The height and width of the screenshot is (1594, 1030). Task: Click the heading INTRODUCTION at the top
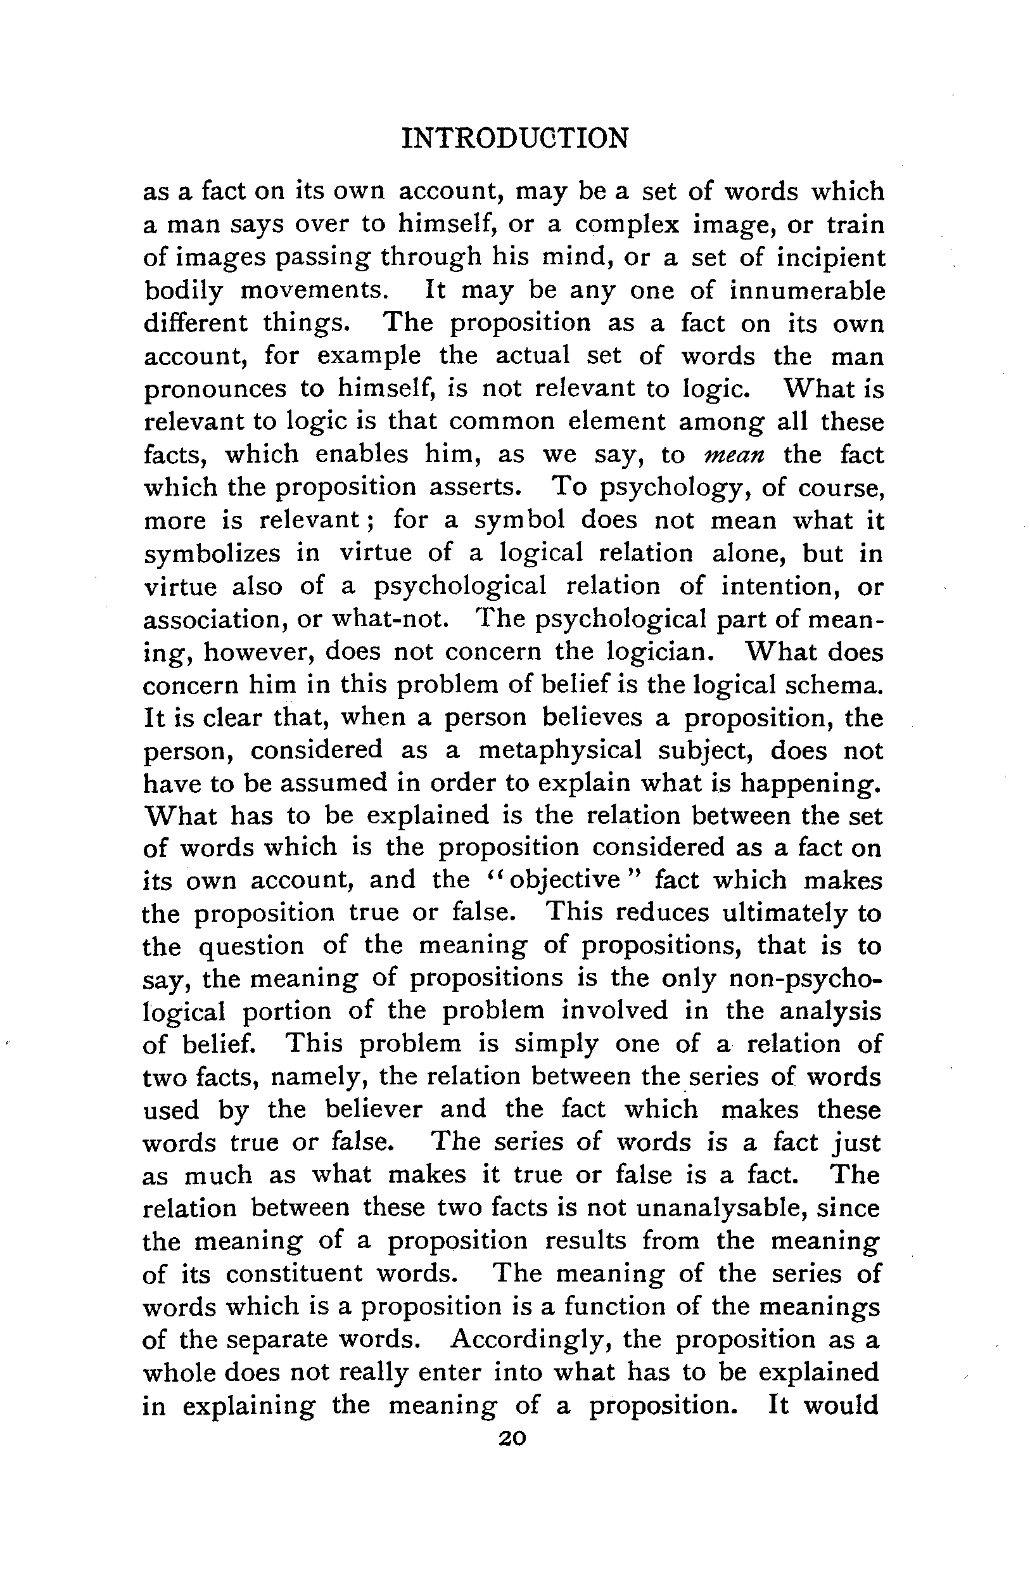click(515, 139)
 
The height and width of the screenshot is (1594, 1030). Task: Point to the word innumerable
click(807, 290)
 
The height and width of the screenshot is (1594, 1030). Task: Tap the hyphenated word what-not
click(391, 619)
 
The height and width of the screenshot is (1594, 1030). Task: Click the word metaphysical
click(560, 750)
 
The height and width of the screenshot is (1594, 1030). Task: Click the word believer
click(374, 1110)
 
